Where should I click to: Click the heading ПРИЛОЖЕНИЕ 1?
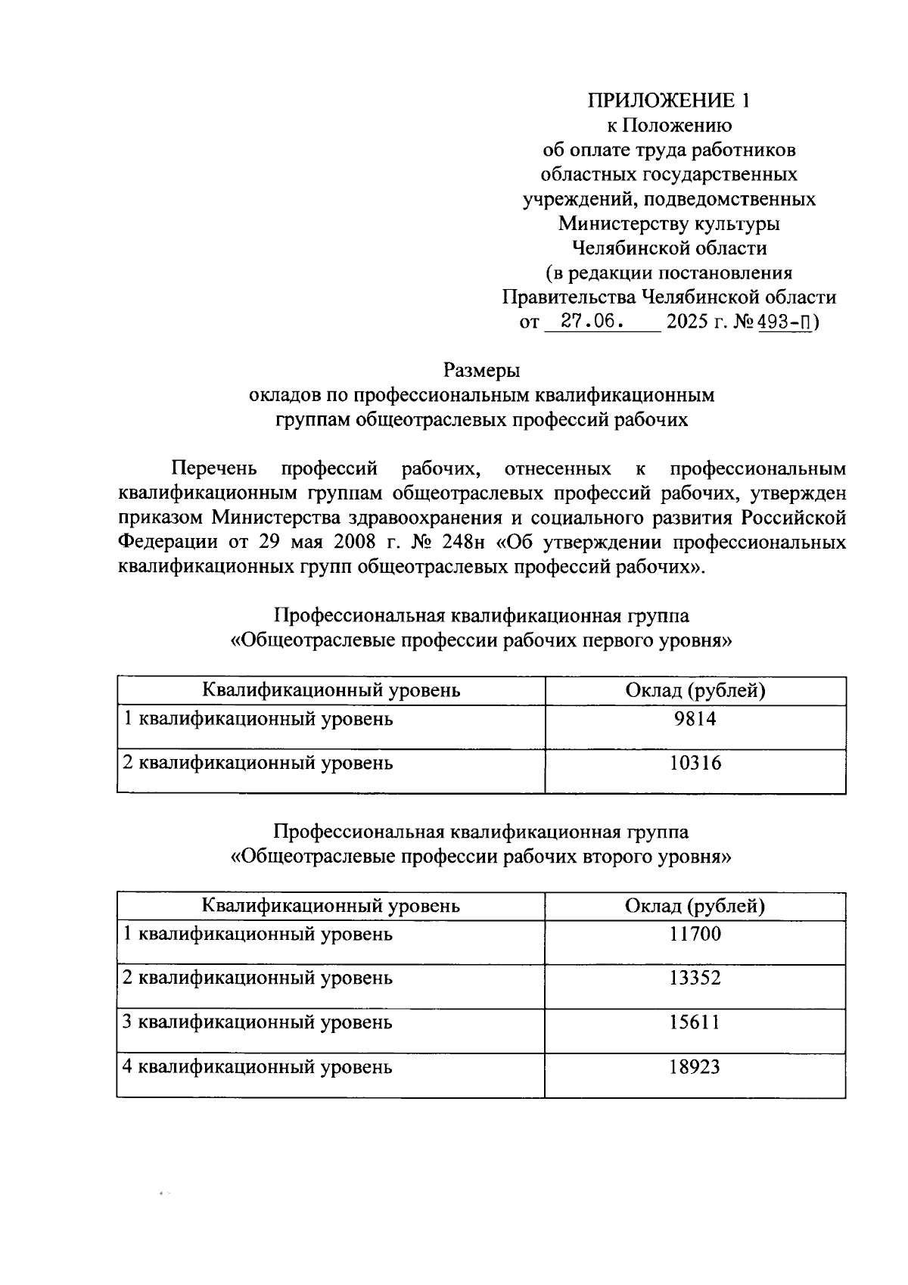671,101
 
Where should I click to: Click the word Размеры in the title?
481,371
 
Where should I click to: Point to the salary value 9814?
695,719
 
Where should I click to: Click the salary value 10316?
695,763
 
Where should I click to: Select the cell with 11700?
695,934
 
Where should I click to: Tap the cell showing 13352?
695,978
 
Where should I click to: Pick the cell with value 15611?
695,1022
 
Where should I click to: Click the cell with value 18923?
695,1067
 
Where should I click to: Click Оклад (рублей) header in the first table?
695,690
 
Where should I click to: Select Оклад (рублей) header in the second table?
695,906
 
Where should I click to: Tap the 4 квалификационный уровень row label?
258,1067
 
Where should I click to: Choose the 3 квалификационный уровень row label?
258,1022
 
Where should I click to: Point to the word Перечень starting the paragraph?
214,469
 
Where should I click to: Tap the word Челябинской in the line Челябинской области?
627,247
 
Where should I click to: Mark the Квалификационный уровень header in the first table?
331,690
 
